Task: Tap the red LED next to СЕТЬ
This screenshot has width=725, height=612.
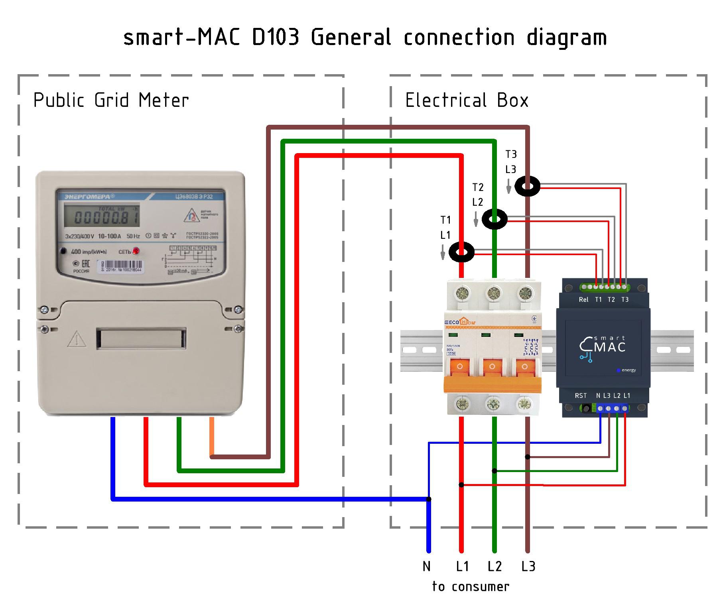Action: pyautogui.click(x=136, y=251)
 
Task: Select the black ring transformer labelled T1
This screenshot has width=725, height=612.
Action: pyautogui.click(x=461, y=252)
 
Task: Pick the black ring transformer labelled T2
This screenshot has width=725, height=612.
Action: pyautogui.click(x=494, y=219)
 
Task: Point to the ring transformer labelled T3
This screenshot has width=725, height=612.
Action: pyautogui.click(x=527, y=186)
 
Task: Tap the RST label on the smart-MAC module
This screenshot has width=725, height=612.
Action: pyautogui.click(x=581, y=396)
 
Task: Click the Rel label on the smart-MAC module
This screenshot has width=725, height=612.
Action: pyautogui.click(x=583, y=300)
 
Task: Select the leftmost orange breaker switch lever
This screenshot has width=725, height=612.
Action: pyautogui.click(x=460, y=367)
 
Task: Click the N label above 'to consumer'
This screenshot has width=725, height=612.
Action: pyautogui.click(x=427, y=567)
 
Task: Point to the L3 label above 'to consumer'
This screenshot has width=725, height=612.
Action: pyautogui.click(x=528, y=567)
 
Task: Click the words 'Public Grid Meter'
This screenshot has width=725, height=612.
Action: pyautogui.click(x=111, y=100)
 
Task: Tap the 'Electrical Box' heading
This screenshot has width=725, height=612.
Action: pyautogui.click(x=467, y=100)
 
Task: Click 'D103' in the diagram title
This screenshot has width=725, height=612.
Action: pyautogui.click(x=276, y=38)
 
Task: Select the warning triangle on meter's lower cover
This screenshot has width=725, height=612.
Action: pyautogui.click(x=77, y=339)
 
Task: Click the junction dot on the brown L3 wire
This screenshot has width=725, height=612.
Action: pyautogui.click(x=528, y=457)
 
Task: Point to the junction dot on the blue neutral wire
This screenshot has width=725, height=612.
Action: pyautogui.click(x=429, y=499)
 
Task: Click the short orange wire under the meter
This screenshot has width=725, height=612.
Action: pyautogui.click(x=212, y=436)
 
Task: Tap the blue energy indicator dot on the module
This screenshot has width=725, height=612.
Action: pyautogui.click(x=618, y=370)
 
